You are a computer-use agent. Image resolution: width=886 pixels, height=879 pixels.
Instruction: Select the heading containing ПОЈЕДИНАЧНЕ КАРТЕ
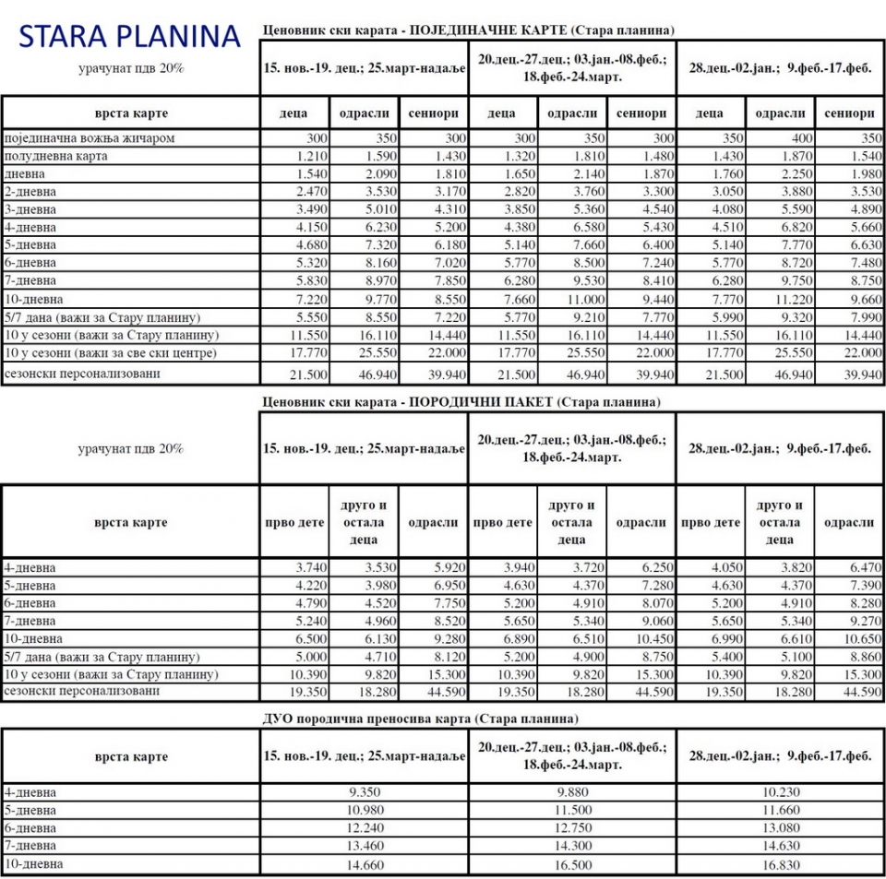(468, 30)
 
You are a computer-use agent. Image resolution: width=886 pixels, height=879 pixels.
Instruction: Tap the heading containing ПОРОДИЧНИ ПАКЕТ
(461, 401)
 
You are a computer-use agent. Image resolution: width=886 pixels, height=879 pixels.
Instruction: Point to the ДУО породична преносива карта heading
(420, 718)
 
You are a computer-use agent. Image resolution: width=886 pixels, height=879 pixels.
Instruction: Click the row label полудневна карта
(56, 156)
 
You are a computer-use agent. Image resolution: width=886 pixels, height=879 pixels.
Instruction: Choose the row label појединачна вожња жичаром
(90, 138)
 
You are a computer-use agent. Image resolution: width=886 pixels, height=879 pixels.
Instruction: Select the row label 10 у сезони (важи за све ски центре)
(111, 352)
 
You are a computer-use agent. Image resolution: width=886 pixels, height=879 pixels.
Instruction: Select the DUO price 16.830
(781, 863)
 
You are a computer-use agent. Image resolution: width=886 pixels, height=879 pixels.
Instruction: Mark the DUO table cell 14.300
(572, 845)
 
